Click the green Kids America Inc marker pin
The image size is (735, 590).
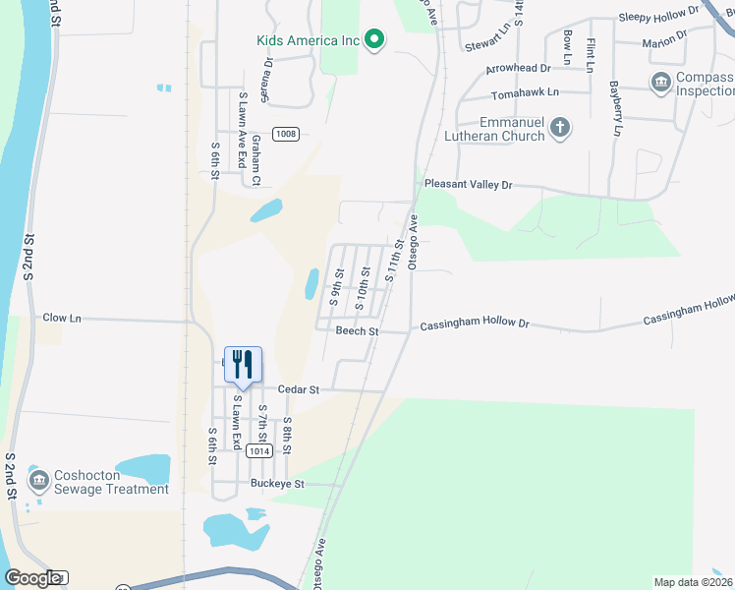click(374, 39)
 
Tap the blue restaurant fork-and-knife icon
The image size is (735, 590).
click(243, 365)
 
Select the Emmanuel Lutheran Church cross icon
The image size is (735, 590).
click(560, 126)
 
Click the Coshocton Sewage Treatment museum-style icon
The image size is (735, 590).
click(39, 480)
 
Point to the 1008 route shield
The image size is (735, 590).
click(286, 134)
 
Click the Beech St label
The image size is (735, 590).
click(357, 331)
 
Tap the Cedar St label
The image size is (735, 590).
click(299, 389)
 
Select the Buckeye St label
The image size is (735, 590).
click(277, 484)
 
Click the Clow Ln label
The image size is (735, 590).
click(62, 318)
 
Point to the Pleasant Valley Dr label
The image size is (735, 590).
click(468, 184)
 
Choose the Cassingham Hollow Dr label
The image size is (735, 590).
click(475, 324)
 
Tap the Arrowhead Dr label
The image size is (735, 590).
click(518, 69)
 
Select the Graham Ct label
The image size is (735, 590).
click(255, 159)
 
